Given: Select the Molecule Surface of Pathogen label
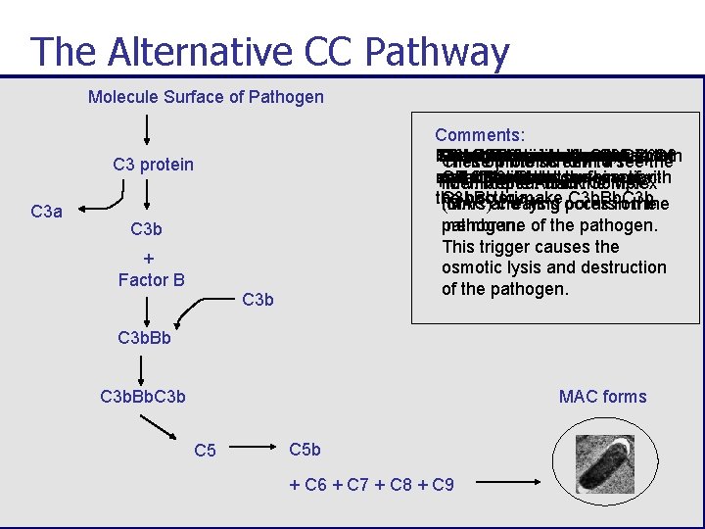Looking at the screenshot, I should click(x=206, y=96).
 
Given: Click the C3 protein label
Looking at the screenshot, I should click(x=153, y=164).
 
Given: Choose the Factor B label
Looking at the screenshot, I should click(x=151, y=280).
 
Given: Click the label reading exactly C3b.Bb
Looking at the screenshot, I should click(x=144, y=338).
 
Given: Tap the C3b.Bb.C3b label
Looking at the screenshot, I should click(x=143, y=397).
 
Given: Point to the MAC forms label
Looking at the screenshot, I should click(x=602, y=397).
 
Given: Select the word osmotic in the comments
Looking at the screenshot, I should click(x=470, y=267).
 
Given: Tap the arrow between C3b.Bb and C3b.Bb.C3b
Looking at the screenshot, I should click(x=143, y=367).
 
